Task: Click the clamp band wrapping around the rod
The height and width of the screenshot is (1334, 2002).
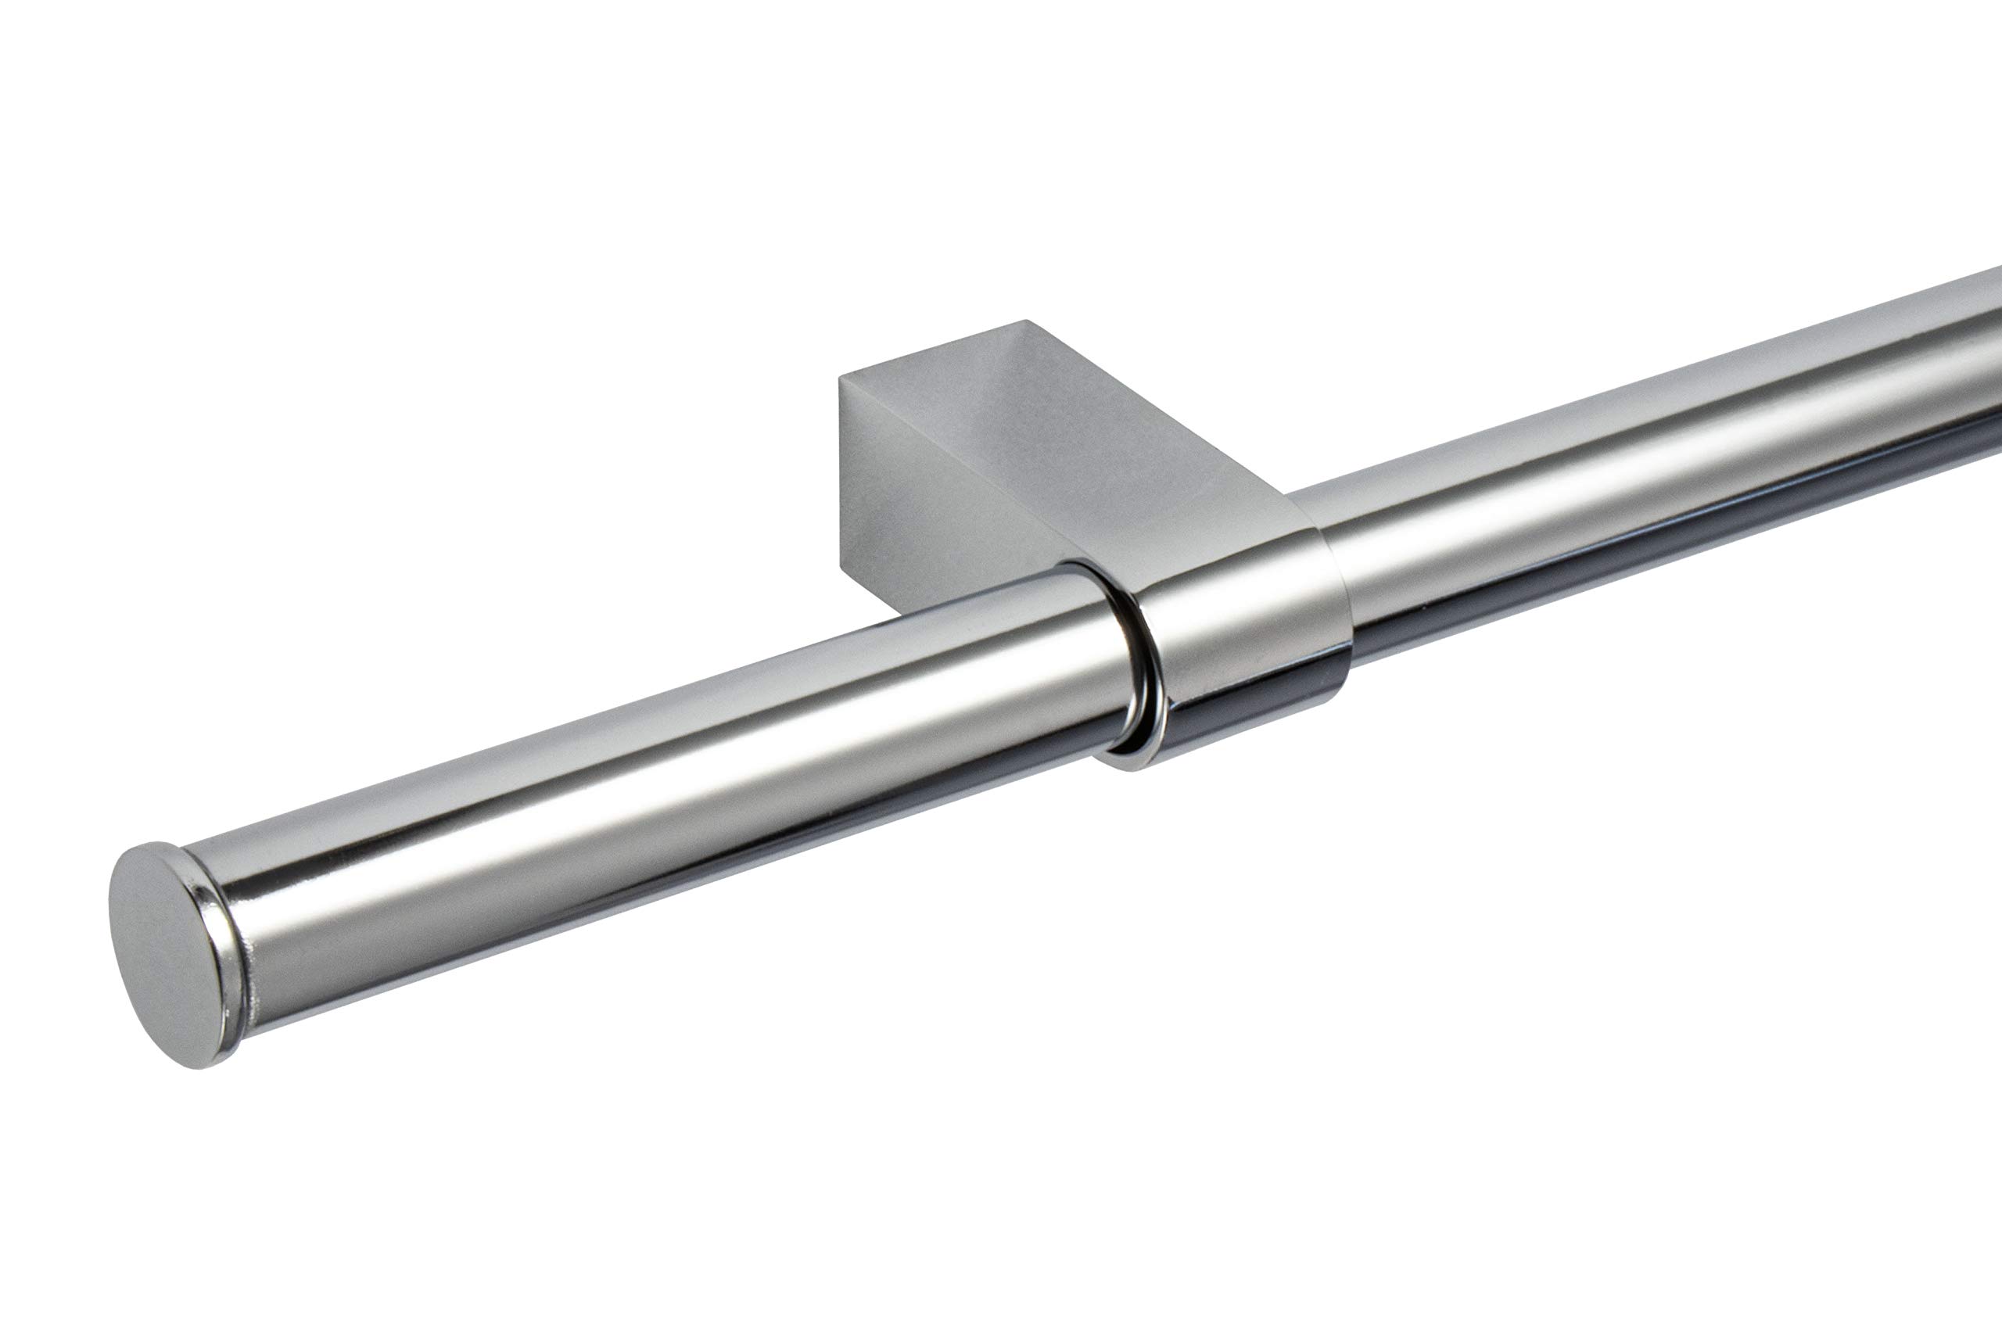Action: click(1242, 612)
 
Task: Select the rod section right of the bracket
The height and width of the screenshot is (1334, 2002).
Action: click(1659, 476)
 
